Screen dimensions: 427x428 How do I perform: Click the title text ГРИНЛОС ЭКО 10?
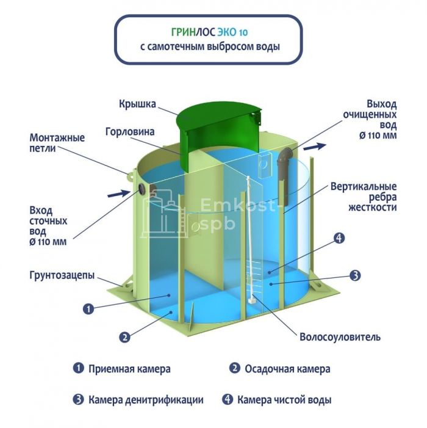(x=209, y=32)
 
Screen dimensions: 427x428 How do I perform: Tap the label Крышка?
(x=137, y=104)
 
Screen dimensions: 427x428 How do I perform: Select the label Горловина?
(x=130, y=132)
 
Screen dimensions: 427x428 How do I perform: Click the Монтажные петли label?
(x=57, y=143)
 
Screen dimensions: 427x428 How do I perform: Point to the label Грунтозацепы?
(x=62, y=275)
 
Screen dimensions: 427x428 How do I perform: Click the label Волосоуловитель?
(x=340, y=337)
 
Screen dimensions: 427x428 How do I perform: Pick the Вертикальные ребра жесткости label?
(x=364, y=197)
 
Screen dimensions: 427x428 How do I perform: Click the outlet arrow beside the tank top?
(x=315, y=147)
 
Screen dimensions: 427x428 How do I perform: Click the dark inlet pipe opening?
(x=142, y=188)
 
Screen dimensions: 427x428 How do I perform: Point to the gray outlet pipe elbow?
(x=285, y=156)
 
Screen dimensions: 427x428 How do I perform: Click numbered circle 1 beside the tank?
(x=88, y=310)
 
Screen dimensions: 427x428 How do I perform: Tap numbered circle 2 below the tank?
(x=124, y=338)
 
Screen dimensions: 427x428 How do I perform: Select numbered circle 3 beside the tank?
(x=355, y=275)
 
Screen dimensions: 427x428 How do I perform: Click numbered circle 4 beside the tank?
(x=339, y=238)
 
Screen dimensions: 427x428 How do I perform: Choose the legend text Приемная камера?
(x=129, y=369)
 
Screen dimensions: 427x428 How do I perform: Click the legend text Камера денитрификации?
(x=146, y=400)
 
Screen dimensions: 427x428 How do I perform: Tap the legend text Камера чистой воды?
(x=284, y=400)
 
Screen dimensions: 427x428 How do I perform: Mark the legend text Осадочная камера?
(x=287, y=369)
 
